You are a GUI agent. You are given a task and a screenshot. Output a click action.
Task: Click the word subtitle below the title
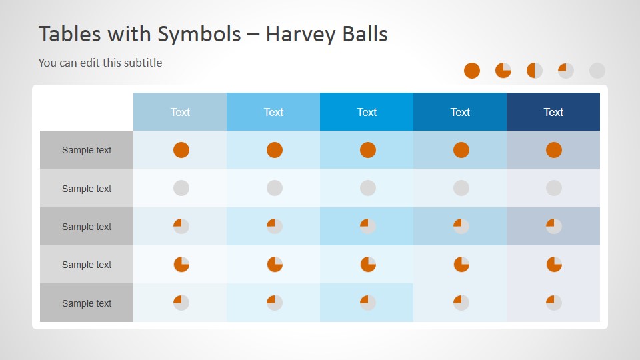coord(141,63)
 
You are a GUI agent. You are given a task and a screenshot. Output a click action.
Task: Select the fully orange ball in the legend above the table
coord(472,71)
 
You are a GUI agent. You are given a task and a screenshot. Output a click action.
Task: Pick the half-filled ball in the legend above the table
coord(535,71)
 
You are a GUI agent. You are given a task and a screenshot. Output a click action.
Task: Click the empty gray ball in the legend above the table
coord(597,71)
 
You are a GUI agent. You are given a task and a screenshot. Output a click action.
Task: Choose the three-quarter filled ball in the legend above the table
coord(503,71)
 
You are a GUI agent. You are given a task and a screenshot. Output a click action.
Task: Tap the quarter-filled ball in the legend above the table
coord(566,71)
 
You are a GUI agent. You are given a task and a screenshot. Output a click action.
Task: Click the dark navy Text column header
coord(553,112)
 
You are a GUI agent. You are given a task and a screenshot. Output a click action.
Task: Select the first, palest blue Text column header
coord(180,112)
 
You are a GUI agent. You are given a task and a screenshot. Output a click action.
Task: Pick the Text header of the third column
coord(367,112)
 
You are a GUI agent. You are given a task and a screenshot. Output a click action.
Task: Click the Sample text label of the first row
coord(87,150)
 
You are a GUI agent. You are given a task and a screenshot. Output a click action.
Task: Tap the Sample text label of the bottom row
coord(87,303)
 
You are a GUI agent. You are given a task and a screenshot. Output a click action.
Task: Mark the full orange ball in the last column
coord(554,150)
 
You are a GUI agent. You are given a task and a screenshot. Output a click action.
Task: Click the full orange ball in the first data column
coord(181,150)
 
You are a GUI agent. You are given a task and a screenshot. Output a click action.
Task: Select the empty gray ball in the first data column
coord(181,189)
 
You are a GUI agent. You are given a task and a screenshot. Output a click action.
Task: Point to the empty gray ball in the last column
coord(554,189)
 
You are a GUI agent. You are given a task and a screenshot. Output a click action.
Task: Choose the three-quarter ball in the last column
coord(554,265)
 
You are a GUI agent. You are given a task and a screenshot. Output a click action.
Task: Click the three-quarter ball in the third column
coord(368,265)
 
